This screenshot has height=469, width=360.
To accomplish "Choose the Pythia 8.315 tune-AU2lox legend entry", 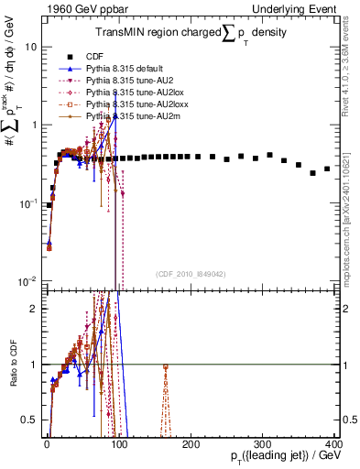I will pos(128,93).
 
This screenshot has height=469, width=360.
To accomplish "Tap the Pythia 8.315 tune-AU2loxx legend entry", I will pos(130,104).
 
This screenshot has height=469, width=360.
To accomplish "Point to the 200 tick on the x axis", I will pos(191,442).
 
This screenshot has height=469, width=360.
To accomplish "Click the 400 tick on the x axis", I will pos(334,442).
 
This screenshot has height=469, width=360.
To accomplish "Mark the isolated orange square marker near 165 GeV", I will pos(165,367).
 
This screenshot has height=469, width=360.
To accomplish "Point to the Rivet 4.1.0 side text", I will pos(350,64).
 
